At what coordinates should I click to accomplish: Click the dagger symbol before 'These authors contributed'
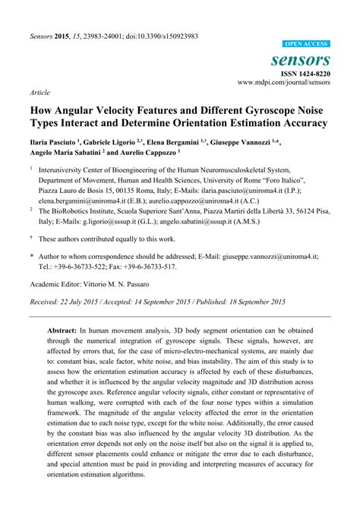[x=31, y=238]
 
